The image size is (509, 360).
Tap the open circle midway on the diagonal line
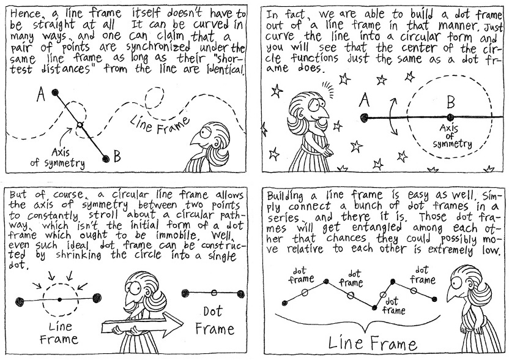point(79,125)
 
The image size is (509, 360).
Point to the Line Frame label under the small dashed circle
point(59,331)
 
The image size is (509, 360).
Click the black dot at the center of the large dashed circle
point(450,117)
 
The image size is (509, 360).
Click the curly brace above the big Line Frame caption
point(360,320)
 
